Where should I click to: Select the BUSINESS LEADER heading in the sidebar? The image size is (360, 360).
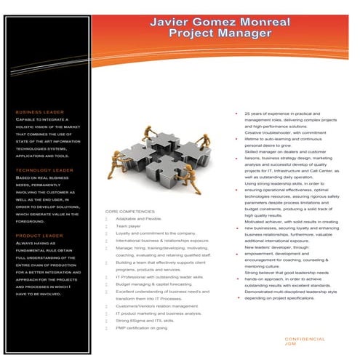[x=40, y=112]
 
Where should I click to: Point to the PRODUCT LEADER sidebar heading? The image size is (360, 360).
[x=40, y=236]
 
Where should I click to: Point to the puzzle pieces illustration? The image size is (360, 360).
[x=160, y=160]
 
